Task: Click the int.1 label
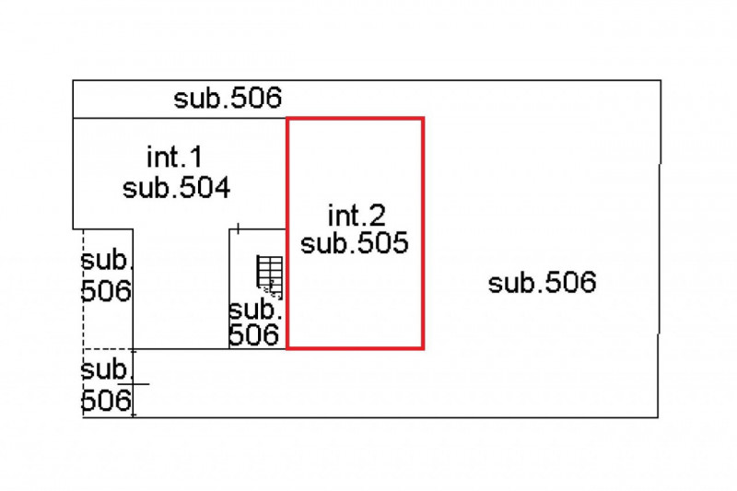click(x=174, y=157)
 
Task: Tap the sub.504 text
click(x=176, y=188)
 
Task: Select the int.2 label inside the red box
click(x=357, y=216)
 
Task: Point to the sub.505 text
click(x=355, y=243)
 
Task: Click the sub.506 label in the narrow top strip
click(x=228, y=99)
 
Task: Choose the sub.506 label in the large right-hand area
click(x=542, y=283)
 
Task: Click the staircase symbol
click(x=270, y=277)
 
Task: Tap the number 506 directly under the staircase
click(x=254, y=335)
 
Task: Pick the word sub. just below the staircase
click(x=255, y=310)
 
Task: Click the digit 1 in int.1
click(x=196, y=157)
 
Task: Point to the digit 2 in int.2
click(x=377, y=216)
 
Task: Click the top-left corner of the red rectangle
click(x=287, y=119)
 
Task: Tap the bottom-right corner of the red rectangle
click(x=423, y=348)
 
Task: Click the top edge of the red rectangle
click(x=356, y=119)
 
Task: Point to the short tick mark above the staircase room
click(x=239, y=228)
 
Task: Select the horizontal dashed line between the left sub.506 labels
click(x=108, y=349)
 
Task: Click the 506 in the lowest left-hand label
click(x=106, y=401)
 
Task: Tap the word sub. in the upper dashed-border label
click(x=106, y=260)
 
